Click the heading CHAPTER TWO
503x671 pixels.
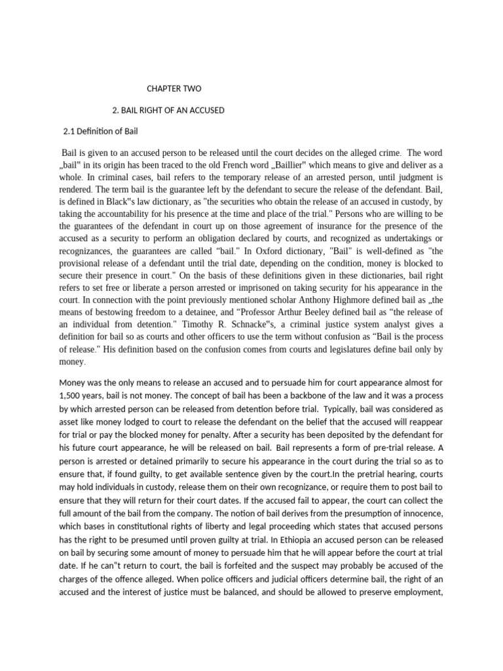(174, 88)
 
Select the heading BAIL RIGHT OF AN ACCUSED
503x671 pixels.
(169, 110)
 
